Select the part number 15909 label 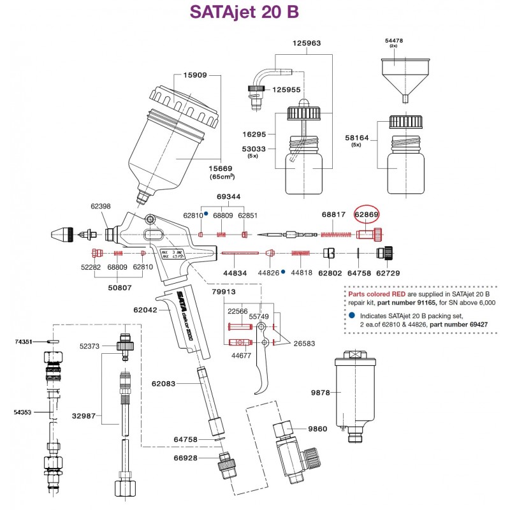(x=195, y=75)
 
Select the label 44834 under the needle (x=234, y=272)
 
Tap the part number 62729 (x=388, y=272)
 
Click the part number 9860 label (x=318, y=429)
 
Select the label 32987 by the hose (x=84, y=416)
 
